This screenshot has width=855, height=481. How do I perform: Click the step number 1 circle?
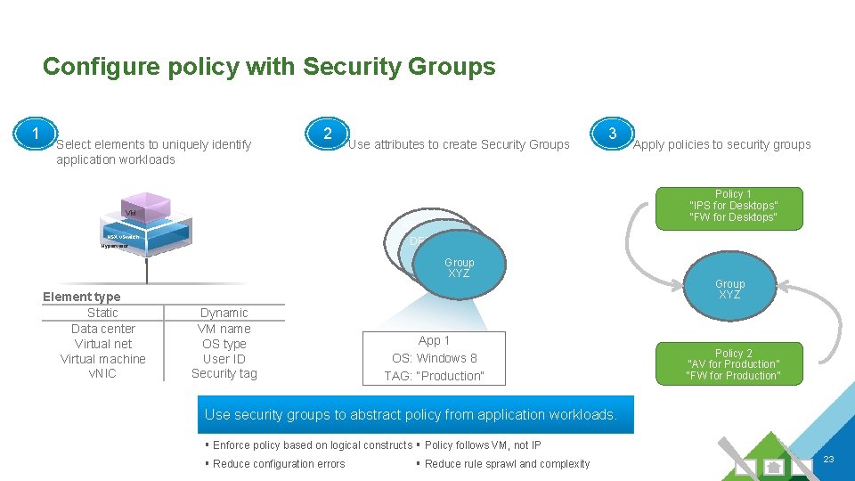35,135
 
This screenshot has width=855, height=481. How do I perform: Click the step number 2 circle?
328,135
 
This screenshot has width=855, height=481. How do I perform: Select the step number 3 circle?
612,135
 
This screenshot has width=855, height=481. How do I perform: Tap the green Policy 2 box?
733,364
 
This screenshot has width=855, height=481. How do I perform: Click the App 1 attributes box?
434,358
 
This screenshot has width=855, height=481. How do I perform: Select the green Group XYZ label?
729,289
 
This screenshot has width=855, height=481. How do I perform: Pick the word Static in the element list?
102,313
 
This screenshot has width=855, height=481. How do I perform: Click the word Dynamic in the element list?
224,313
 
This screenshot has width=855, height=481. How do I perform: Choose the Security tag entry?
224,374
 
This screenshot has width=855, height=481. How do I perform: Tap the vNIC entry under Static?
102,374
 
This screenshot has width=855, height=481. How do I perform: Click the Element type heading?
81,297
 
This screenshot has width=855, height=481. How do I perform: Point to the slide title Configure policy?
268,67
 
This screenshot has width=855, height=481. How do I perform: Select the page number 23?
827,459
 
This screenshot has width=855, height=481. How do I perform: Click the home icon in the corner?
774,466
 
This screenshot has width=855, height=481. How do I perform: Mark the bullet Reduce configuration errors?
279,463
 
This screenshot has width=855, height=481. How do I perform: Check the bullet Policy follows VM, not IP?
482,444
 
